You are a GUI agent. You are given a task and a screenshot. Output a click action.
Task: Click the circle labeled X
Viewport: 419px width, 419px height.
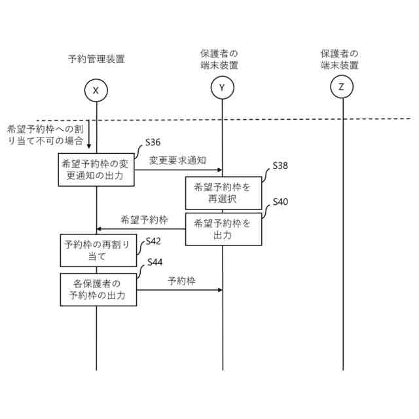click(x=96, y=90)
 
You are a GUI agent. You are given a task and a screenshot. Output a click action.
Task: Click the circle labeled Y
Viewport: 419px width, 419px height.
click(x=222, y=86)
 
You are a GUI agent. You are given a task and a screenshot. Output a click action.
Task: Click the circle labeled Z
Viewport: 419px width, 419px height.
click(x=342, y=86)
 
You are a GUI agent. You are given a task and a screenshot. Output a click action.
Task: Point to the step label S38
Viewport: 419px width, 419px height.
click(x=280, y=166)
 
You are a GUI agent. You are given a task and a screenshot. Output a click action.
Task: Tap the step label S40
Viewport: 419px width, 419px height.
click(x=280, y=202)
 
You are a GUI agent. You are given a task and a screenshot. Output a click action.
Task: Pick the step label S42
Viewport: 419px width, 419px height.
click(x=154, y=240)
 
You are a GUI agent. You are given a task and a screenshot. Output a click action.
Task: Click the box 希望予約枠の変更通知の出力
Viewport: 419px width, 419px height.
click(x=97, y=170)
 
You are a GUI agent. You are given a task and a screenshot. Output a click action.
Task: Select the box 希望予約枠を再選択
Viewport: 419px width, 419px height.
click(x=222, y=193)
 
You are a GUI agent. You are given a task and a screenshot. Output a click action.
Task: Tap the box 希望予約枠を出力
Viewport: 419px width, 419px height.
click(x=222, y=229)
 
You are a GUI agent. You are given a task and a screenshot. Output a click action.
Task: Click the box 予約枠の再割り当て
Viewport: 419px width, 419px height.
click(x=96, y=251)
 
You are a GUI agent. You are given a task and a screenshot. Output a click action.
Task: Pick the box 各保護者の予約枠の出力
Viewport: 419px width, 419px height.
click(x=97, y=289)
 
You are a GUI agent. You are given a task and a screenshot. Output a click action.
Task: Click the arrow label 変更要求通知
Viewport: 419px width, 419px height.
click(x=177, y=160)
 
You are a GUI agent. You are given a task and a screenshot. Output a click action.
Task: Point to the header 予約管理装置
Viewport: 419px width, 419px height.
click(x=96, y=59)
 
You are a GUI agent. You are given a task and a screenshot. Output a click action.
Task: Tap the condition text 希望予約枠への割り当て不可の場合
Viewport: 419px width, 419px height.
click(x=45, y=135)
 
